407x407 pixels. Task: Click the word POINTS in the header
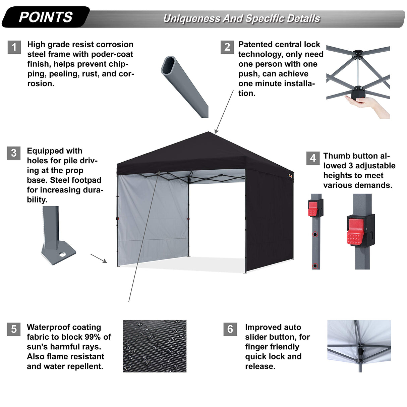tap(46, 17)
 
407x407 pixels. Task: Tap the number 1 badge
tap(14, 47)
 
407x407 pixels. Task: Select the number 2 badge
tap(227, 47)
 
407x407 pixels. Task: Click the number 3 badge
tap(14, 153)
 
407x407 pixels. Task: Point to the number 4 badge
tap(313, 158)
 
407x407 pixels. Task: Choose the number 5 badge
tap(14, 329)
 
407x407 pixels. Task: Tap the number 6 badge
tap(230, 329)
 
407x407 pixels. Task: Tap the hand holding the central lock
tap(365, 104)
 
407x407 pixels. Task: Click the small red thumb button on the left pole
tap(313, 209)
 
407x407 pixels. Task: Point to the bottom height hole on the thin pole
tap(315, 266)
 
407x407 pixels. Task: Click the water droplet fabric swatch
tap(154, 346)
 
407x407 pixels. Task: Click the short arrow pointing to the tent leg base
tap(99, 258)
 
